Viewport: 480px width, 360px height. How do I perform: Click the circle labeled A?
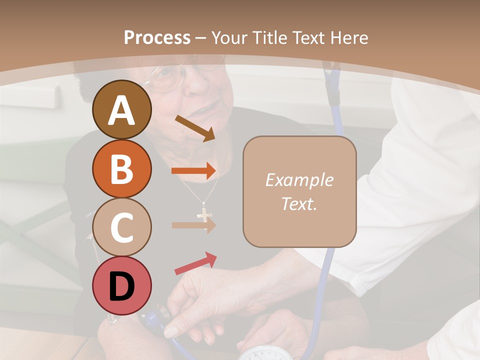121,110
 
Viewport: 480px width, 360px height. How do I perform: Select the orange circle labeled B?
121,169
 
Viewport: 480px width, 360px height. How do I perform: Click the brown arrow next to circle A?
194,128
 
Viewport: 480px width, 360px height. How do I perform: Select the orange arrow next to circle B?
193,171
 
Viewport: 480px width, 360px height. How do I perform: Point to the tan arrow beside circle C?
193,225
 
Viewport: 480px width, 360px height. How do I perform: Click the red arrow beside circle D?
195,263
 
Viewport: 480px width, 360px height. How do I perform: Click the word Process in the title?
157,37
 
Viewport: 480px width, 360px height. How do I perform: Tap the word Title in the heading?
269,37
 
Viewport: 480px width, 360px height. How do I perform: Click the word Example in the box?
299,180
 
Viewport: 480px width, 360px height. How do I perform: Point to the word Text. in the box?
299,203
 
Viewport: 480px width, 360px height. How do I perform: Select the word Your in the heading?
230,37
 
